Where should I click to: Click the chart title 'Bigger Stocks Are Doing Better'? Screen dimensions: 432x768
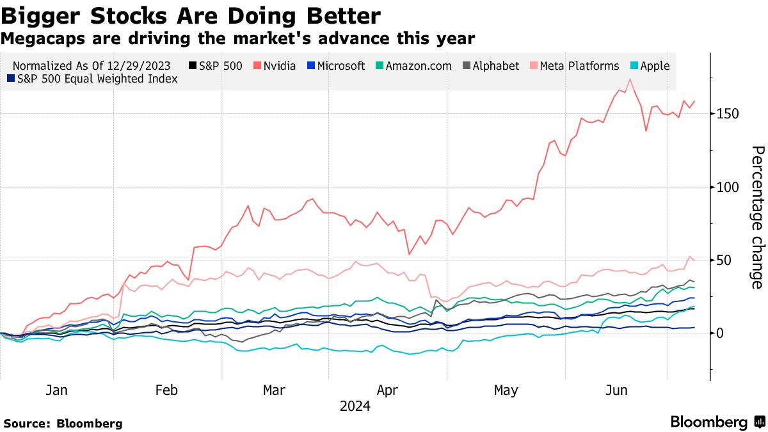point(191,15)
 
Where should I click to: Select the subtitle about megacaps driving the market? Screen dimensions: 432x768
point(237,39)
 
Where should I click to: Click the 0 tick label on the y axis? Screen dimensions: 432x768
point(721,333)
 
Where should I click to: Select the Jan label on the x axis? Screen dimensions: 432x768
point(57,390)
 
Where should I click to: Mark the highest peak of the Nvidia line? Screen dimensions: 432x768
point(630,79)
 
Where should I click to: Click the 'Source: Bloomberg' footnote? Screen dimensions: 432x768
point(62,424)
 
